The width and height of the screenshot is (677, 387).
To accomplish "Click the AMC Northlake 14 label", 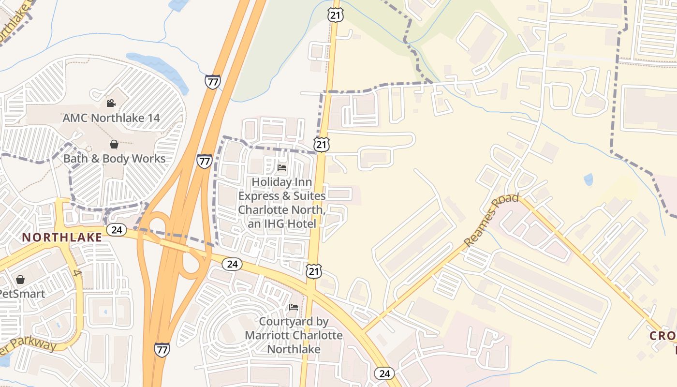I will point(111,118).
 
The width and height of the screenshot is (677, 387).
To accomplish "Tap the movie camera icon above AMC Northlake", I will point(111,103).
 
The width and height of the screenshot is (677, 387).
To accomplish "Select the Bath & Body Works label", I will point(115,159).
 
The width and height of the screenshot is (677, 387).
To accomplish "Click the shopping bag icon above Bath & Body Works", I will point(114,144).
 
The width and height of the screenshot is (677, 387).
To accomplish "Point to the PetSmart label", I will point(22,294).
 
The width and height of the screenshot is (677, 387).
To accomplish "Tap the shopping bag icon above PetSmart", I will point(20,280).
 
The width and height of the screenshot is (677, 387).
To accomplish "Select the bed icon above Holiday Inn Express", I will point(282,168).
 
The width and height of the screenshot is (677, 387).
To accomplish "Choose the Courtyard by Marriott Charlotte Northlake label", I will point(294,335).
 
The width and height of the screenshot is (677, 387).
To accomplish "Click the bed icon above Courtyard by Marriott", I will point(294,307).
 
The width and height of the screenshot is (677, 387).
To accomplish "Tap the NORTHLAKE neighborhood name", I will point(62,237).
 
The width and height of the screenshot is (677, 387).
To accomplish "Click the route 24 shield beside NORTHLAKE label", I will point(116,229).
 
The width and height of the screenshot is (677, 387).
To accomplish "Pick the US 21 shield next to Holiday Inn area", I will point(321,144).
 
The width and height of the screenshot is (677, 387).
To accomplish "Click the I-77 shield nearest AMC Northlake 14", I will point(212,81).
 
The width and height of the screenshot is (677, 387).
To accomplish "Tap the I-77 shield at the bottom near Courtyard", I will point(162,349).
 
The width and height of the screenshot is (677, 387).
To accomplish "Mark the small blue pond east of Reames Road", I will point(588,179).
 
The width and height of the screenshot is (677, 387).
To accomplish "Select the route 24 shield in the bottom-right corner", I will point(384,373).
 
